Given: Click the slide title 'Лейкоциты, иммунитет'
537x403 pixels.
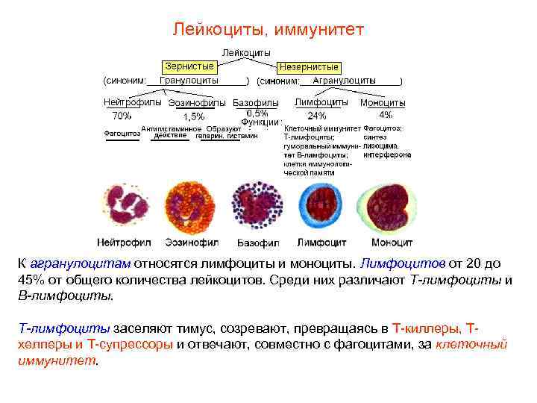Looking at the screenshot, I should (268, 30).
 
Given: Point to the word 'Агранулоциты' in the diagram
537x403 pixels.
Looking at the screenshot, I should (344, 80).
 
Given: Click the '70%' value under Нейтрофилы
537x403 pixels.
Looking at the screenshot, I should (122, 116).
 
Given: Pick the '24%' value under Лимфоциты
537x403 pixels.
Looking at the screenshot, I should (317, 116).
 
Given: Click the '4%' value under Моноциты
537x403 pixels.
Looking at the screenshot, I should (386, 115).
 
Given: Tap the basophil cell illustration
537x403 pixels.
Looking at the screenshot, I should (257, 209).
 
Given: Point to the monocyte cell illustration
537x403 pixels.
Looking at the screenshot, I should (392, 209).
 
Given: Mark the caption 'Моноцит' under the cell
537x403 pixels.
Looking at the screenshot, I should (392, 243).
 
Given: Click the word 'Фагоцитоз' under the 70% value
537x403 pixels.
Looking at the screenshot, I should (122, 134).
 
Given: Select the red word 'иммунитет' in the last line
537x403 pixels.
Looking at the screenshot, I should (57, 360).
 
